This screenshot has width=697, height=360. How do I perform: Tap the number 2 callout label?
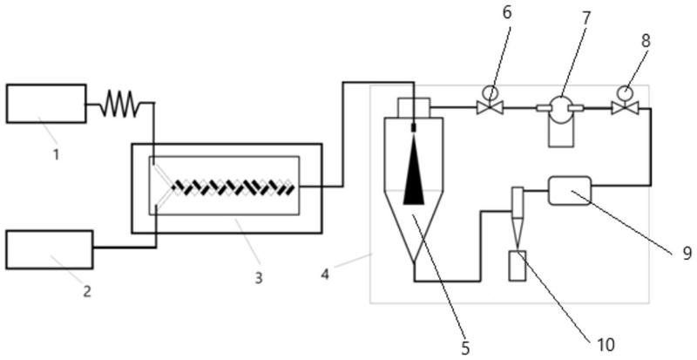click(86, 291)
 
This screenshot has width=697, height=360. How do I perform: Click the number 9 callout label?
click(687, 253)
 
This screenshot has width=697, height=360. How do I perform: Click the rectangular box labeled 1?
click(46, 104)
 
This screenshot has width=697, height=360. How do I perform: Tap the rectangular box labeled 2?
click(50, 249)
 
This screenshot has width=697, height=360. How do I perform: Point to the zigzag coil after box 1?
click(119, 106)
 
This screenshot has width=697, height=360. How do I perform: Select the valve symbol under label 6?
click(491, 107)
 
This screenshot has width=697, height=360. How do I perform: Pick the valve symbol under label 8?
click(625, 107)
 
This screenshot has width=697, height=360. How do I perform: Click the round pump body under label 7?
click(561, 107)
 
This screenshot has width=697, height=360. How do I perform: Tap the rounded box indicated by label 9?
click(569, 189)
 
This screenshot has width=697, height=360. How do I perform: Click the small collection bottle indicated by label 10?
click(518, 265)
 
